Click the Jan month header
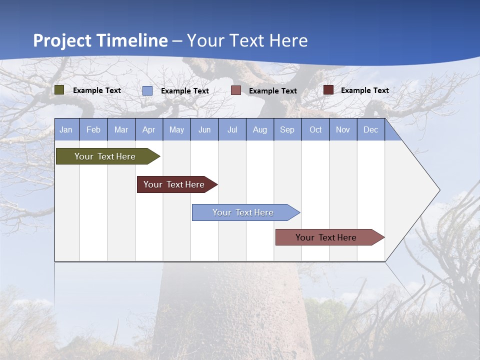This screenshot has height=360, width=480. (x=66, y=129)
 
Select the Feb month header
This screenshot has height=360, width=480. (x=93, y=129)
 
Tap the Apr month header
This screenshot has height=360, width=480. (x=148, y=129)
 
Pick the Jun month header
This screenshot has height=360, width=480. (x=204, y=129)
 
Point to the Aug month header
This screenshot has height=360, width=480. (x=259, y=129)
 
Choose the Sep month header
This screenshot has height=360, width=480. (x=287, y=129)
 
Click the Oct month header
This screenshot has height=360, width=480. (x=315, y=129)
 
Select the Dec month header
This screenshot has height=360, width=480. (x=370, y=129)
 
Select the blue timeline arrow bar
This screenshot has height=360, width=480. (x=243, y=212)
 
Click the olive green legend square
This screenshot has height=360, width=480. (x=59, y=90)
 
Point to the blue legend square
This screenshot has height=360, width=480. (x=147, y=90)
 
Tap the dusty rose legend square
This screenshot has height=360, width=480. (x=236, y=90)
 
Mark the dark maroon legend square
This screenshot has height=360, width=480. (x=328, y=90)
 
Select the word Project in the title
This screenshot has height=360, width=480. (x=62, y=40)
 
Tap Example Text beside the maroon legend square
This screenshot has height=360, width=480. (x=364, y=90)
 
